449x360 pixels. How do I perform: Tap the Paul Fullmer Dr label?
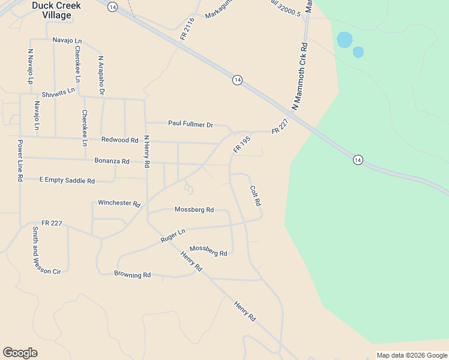[x=191, y=124]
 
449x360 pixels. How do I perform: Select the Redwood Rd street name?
[x=120, y=140]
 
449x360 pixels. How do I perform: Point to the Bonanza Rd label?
[x=112, y=161]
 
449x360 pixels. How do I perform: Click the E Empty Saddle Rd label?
[x=67, y=180]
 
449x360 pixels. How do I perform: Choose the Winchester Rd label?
[x=119, y=203]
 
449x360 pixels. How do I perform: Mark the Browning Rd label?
[x=132, y=275]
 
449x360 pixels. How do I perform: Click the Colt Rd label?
[x=256, y=196]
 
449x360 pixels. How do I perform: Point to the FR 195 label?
[x=242, y=144]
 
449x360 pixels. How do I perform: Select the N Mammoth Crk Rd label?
[x=300, y=76]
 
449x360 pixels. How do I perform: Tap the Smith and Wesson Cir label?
[x=39, y=251]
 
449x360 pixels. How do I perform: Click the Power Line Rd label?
[x=20, y=161]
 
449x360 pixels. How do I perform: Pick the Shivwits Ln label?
[x=58, y=94]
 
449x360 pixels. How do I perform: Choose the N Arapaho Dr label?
[x=101, y=75]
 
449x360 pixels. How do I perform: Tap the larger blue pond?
[x=345, y=40]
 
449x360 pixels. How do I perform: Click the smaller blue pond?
[x=358, y=52]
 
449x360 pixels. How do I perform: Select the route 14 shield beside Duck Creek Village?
[x=113, y=6]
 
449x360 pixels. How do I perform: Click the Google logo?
[x=20, y=353]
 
